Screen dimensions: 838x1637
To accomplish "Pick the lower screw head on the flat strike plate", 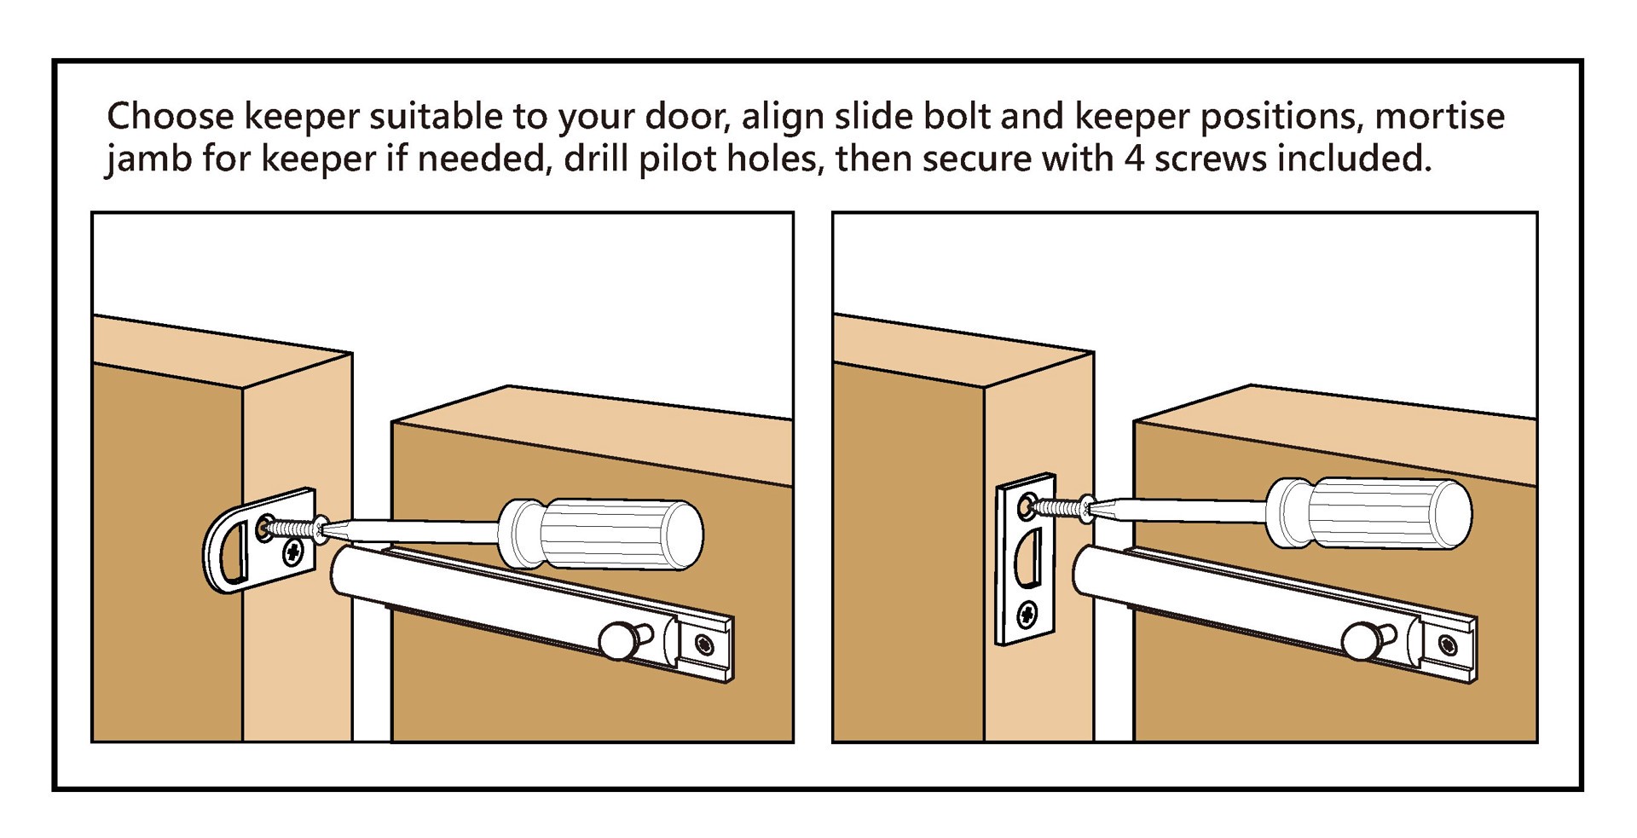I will click(x=1027, y=612).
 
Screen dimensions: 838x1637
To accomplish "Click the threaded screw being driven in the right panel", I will click(x=1057, y=508).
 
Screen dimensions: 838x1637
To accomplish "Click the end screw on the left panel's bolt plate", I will click(x=704, y=644).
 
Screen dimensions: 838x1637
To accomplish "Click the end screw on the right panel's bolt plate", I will click(x=1448, y=644).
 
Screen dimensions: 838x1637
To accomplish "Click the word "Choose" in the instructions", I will click(x=170, y=117).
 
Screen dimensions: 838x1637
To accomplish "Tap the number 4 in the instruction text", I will click(x=1133, y=159).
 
